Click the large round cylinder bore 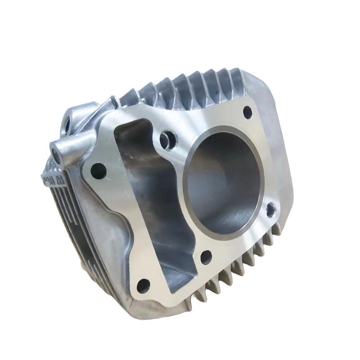point(225,175)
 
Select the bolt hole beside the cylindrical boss point(99,170)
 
